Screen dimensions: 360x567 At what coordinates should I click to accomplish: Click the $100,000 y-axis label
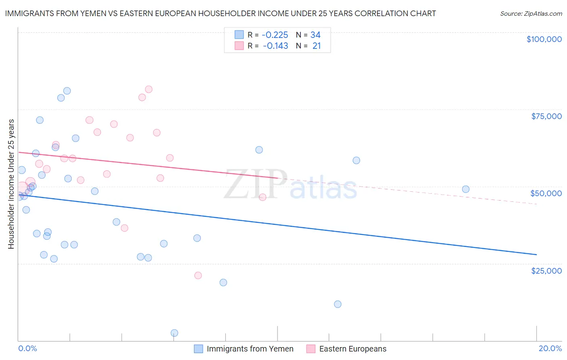click(x=544, y=39)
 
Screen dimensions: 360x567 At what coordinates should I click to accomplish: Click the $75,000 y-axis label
click(x=546, y=116)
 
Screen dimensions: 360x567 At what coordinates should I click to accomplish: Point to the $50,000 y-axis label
click(x=546, y=193)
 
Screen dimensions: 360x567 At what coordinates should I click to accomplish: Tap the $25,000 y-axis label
click(x=546, y=270)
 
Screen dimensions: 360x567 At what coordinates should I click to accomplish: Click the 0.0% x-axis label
click(x=27, y=348)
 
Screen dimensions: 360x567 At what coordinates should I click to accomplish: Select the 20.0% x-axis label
click(x=550, y=348)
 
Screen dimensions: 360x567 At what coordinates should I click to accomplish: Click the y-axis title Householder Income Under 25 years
click(x=11, y=184)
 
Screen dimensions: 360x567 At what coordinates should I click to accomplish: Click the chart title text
click(x=220, y=13)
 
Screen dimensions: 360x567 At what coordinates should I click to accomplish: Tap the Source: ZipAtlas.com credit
click(x=531, y=14)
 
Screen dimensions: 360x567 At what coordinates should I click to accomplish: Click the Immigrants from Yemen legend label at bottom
click(x=250, y=349)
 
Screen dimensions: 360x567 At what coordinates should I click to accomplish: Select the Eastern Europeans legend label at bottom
click(x=352, y=349)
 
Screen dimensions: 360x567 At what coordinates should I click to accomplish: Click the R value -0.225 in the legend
click(x=275, y=35)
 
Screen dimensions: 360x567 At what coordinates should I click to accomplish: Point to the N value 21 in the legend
click(x=317, y=46)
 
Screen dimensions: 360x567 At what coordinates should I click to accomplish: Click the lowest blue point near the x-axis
click(x=174, y=333)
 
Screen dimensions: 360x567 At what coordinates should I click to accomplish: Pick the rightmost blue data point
click(x=466, y=189)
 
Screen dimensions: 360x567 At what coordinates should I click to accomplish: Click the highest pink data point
click(x=148, y=89)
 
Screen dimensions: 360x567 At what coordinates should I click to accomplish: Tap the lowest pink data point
click(x=198, y=275)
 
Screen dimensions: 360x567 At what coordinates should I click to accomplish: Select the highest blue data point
click(x=67, y=91)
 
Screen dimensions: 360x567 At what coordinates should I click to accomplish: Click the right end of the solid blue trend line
click(x=536, y=255)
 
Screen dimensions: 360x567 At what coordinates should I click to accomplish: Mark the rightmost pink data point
click(x=263, y=197)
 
